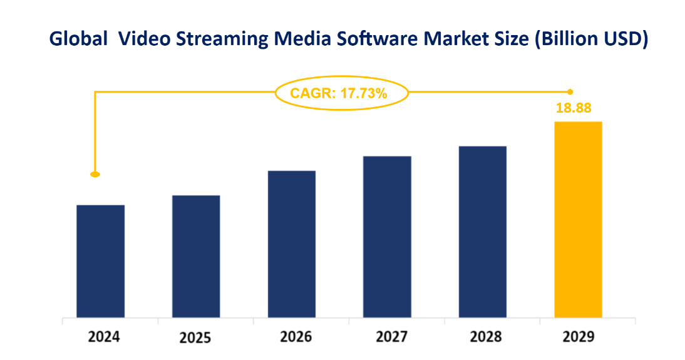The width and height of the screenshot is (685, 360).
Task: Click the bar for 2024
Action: point(100,261)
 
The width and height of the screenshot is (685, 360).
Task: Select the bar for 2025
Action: point(196,256)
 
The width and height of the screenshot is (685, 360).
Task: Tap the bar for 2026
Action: point(292,244)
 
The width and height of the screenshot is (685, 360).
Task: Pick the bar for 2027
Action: point(388,237)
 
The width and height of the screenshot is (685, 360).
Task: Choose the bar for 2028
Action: point(483,232)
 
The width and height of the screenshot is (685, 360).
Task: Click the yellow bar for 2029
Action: point(579,219)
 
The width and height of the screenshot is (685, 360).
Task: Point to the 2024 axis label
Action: point(104,337)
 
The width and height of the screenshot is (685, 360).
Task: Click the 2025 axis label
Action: point(195,338)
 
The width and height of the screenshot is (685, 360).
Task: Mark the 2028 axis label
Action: point(485,337)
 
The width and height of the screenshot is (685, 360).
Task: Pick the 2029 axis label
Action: point(579,337)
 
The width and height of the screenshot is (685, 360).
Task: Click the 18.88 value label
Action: point(574,108)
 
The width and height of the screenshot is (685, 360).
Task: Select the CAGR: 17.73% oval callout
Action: point(341,93)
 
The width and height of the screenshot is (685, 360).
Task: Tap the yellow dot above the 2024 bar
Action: point(95,174)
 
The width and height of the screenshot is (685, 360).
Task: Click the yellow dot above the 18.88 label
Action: point(570,91)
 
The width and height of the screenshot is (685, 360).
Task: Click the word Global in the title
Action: point(78,39)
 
